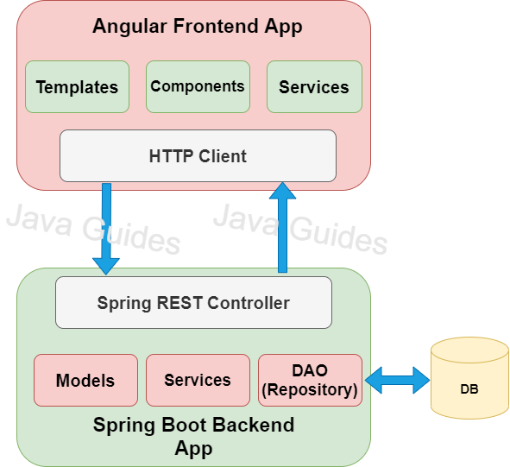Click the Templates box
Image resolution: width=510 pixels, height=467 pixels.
77,86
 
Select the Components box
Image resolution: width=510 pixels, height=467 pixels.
198,86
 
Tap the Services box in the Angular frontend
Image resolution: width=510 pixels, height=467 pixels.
314,86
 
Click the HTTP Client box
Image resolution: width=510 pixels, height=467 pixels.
198,156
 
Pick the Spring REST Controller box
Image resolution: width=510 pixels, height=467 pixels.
193,302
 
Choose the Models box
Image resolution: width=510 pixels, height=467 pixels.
85,380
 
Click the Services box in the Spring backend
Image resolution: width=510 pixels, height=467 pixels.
198,380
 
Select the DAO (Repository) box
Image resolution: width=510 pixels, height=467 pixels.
310,380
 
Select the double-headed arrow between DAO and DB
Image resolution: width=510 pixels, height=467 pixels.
397,378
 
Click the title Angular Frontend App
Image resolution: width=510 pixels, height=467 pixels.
198,26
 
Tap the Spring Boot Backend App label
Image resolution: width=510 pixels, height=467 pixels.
193,437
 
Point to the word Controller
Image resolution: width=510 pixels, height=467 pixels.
250,303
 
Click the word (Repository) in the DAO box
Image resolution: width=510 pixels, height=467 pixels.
310,389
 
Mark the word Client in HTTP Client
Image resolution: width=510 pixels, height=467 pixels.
224,156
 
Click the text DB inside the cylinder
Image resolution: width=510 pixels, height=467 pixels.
469,389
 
